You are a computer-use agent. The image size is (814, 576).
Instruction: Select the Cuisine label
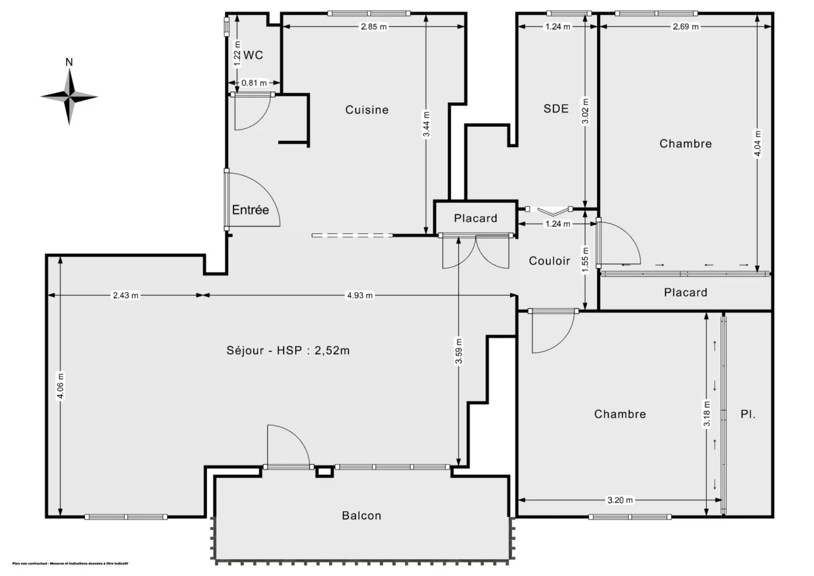(x=366, y=109)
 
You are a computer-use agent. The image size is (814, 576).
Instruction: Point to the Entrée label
(x=250, y=210)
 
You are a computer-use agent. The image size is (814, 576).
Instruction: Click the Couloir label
(x=549, y=261)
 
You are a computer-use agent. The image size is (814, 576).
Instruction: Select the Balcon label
(x=361, y=516)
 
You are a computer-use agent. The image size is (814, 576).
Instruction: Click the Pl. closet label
(x=747, y=414)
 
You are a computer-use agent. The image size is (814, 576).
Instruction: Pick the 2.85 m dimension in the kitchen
(x=374, y=26)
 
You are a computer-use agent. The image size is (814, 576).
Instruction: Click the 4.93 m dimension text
(x=360, y=295)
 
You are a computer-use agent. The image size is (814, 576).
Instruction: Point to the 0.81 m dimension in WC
(x=254, y=83)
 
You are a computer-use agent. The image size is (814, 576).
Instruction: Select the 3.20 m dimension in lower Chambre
(x=619, y=500)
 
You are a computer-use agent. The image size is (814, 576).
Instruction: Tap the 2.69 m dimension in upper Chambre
(x=685, y=26)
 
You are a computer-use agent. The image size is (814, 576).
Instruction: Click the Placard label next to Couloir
(x=475, y=218)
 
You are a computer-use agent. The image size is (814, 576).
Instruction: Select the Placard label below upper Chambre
(x=685, y=292)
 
